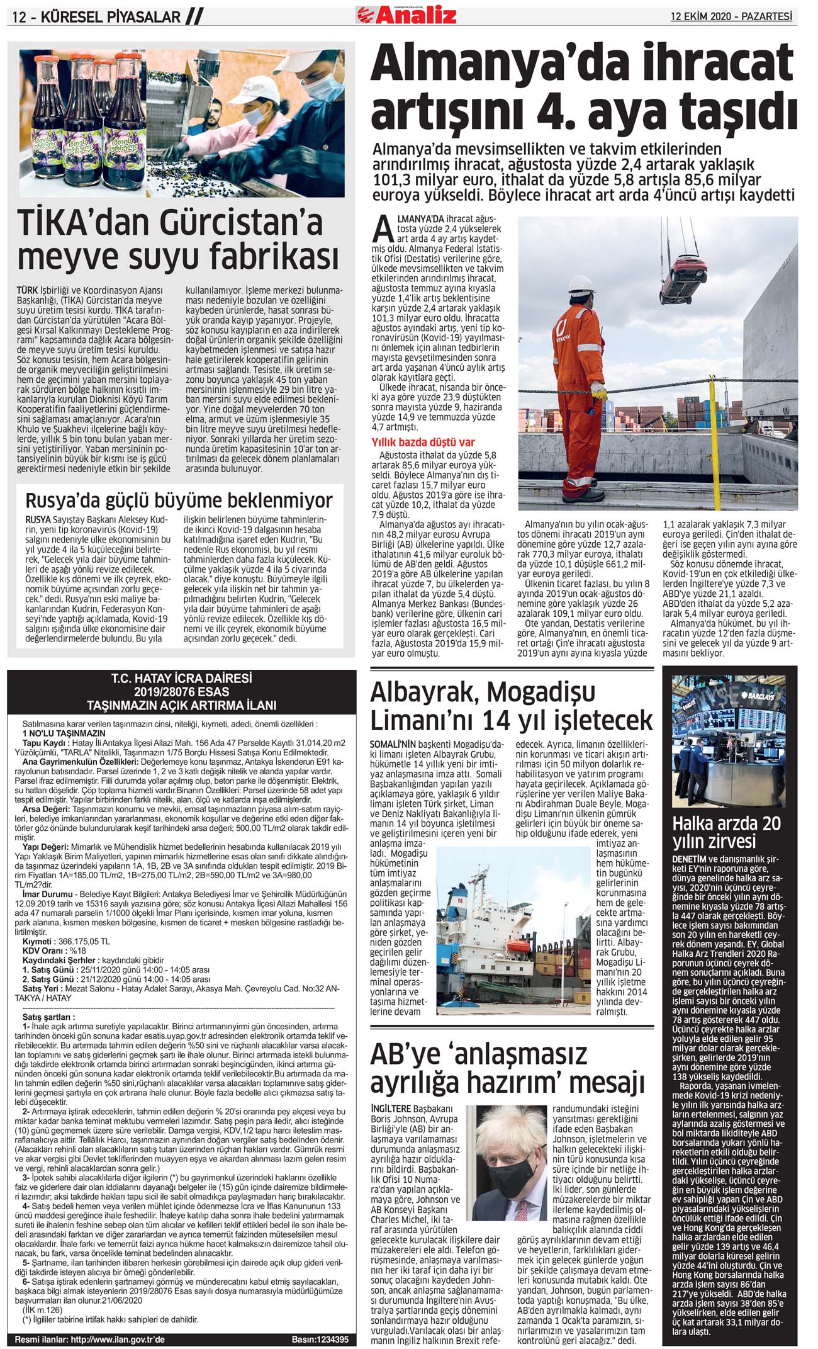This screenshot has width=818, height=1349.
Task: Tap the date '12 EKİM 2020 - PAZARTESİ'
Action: (x=731, y=16)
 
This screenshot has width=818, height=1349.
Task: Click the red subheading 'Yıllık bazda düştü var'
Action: (x=423, y=442)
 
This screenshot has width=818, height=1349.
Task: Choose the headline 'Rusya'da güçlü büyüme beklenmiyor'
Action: (x=179, y=500)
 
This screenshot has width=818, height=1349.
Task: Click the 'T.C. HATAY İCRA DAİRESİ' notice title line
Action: (x=181, y=679)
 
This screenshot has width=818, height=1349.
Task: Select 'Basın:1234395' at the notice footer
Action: (x=320, y=1339)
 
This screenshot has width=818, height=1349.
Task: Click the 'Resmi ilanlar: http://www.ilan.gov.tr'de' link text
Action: (x=89, y=1339)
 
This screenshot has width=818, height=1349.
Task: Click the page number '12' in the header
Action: (x=19, y=17)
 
